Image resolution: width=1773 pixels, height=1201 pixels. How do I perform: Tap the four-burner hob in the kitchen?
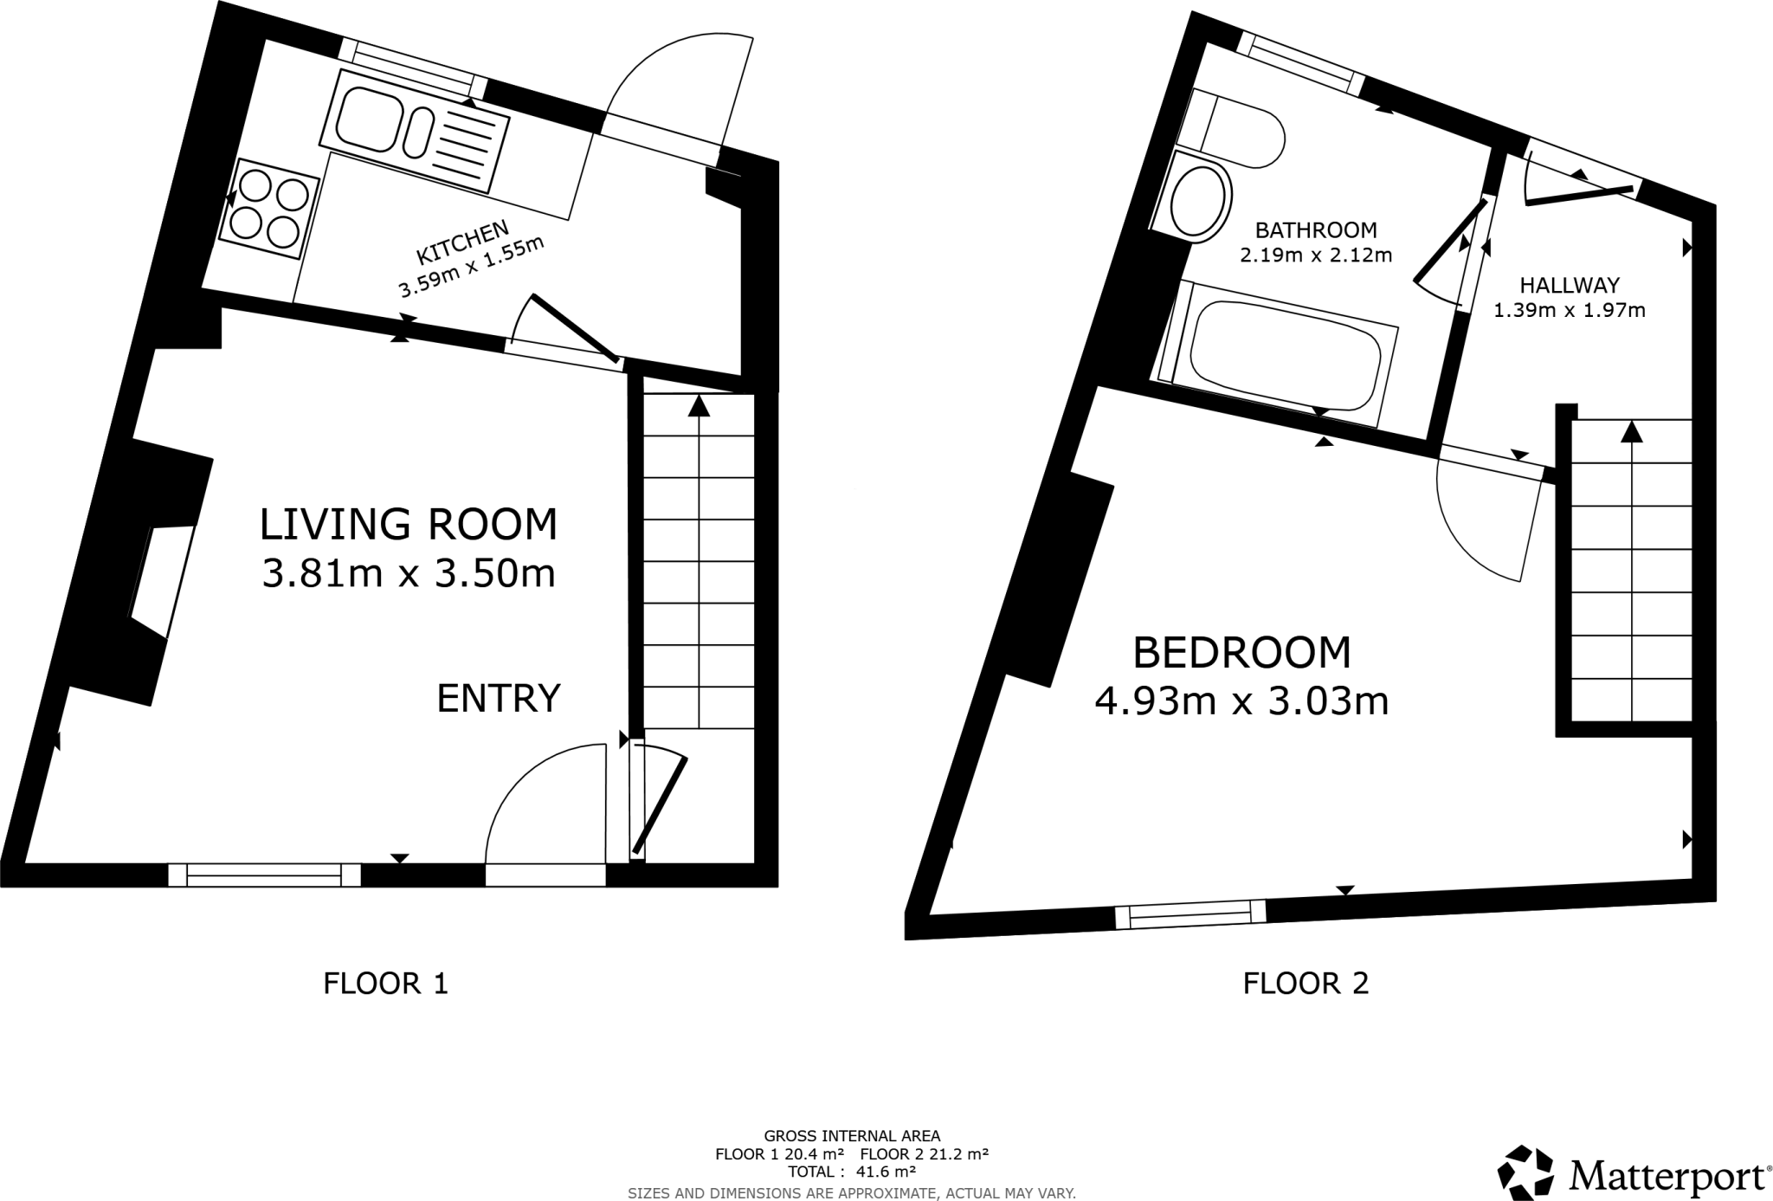[269, 209]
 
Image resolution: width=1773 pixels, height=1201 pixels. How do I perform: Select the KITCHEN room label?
[462, 242]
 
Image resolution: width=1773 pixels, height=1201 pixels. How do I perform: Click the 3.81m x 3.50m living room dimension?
[409, 573]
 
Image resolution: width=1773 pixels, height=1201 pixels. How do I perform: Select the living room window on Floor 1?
[264, 875]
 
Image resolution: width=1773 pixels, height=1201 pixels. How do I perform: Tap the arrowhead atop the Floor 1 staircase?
[699, 405]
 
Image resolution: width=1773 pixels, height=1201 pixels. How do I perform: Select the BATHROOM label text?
[1316, 230]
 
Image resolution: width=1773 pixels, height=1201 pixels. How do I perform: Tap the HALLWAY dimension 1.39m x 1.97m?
[1570, 310]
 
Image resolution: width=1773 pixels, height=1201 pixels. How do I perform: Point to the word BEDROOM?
[1241, 653]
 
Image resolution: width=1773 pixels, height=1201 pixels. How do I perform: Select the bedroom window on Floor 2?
[1190, 914]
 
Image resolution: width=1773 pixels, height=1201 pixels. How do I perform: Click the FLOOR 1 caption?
[386, 984]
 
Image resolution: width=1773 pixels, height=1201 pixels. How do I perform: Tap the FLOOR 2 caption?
[1306, 984]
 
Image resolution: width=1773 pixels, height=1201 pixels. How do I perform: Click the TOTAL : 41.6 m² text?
[851, 1172]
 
